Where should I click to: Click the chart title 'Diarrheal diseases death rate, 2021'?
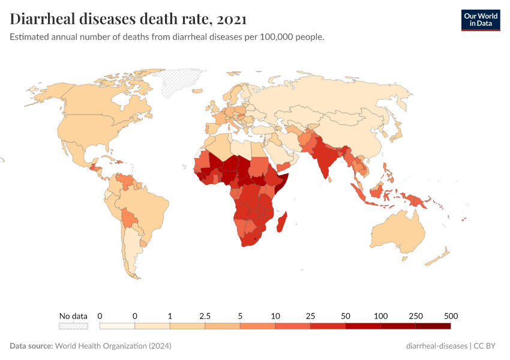[128, 19]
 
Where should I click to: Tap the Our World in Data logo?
[480, 20]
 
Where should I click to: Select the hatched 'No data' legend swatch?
[73, 326]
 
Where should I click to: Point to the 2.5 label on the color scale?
[205, 316]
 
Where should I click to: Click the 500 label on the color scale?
[451, 316]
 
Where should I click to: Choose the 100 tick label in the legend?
[380, 316]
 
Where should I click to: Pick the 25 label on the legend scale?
[310, 316]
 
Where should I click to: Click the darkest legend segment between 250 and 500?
[433, 326]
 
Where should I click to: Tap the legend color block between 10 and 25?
[293, 326]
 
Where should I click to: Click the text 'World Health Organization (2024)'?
[113, 346]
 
